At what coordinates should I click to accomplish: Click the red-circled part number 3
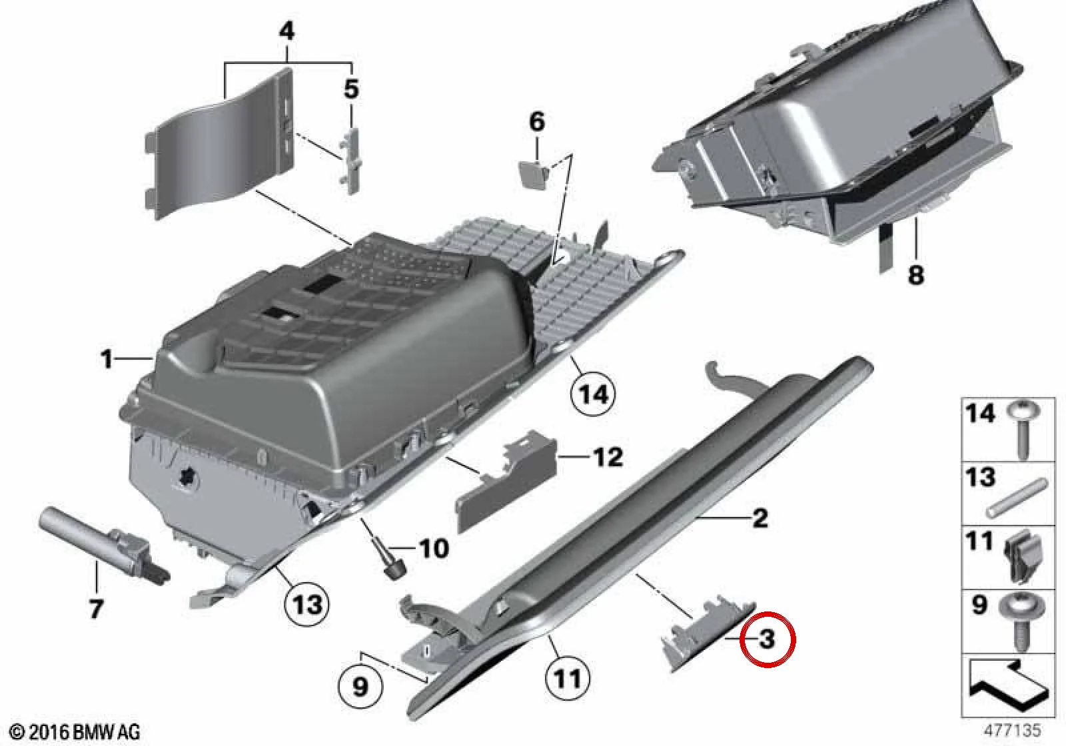click(767, 639)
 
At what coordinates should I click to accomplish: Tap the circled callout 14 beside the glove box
click(593, 394)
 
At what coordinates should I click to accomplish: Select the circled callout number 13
click(307, 605)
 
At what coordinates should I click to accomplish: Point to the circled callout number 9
click(360, 686)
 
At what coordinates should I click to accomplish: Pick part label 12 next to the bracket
click(608, 457)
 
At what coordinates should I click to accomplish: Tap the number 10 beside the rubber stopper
click(434, 549)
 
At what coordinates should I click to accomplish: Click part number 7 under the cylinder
click(96, 608)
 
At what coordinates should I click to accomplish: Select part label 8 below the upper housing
click(915, 274)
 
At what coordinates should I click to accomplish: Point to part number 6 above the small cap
click(537, 122)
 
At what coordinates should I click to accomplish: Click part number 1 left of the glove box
click(107, 359)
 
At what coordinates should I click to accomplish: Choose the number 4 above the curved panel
click(286, 31)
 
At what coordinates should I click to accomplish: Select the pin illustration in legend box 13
click(1016, 498)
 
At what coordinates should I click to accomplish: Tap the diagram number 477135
click(1013, 730)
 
